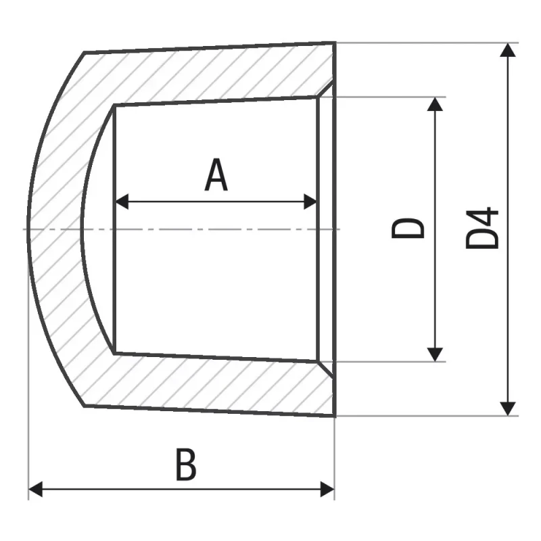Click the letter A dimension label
216,175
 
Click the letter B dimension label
187,465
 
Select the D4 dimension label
482,228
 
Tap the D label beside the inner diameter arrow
408,228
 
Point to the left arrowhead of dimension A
122,202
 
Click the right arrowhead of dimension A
310,202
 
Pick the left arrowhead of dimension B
36,489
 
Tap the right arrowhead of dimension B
327,489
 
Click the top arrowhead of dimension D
435,104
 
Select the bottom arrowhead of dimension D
435,354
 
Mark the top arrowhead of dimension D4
508,50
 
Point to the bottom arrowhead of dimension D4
508,409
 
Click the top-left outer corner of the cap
84,53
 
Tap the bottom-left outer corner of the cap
85,406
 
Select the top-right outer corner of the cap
335,43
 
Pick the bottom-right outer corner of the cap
335,416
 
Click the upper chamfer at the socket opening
325,89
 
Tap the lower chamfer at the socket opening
325,369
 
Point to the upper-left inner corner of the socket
114,105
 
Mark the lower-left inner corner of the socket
114,353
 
